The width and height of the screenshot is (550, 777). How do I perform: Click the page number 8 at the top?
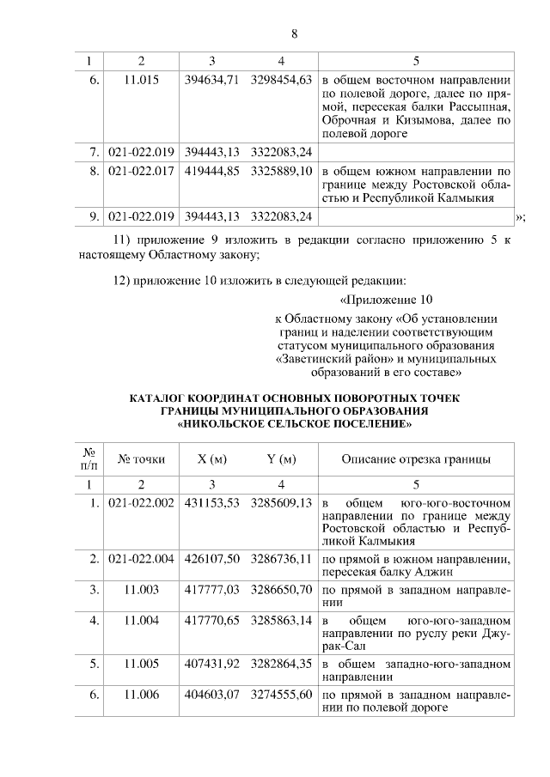[294, 34]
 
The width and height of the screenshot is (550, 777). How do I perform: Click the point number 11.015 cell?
[142, 80]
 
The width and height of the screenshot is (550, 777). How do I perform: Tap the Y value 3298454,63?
[280, 80]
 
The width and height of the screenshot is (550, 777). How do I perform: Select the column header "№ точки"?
[142, 459]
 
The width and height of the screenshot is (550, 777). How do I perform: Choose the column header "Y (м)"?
[280, 459]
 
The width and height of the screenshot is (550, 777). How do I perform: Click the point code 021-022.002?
[142, 502]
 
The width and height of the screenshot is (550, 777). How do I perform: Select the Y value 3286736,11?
[280, 559]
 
